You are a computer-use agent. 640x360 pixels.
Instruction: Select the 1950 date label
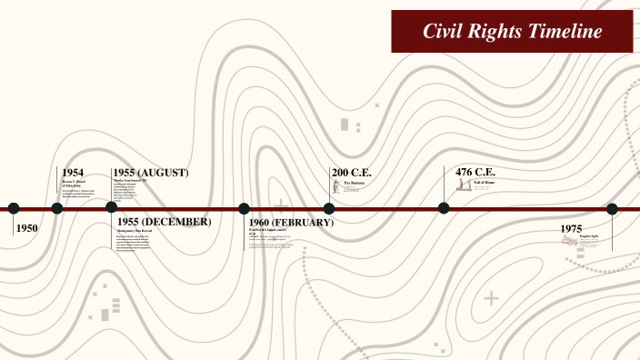[27, 228]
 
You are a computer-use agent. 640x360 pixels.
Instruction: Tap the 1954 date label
[73, 173]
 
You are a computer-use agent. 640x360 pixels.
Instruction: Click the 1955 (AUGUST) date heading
[150, 173]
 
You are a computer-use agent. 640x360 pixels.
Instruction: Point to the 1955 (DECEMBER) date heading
[164, 222]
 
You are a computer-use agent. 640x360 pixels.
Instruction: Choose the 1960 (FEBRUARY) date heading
[291, 223]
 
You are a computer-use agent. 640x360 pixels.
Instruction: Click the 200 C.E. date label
[352, 173]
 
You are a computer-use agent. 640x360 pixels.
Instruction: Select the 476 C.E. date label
[475, 173]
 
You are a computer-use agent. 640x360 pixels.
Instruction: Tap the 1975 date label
[571, 228]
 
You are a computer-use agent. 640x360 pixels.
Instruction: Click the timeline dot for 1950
[14, 208]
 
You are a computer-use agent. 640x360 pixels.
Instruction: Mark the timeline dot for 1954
[57, 208]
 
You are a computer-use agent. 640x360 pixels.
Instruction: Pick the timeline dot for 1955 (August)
[112, 208]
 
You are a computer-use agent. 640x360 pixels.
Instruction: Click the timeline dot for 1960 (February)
[244, 208]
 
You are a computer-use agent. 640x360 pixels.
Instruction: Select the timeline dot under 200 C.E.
[329, 208]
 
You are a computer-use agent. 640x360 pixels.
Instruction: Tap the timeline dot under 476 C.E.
[444, 208]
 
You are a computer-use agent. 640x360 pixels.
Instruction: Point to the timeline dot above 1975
[612, 208]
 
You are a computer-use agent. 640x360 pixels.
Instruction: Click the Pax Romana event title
[354, 183]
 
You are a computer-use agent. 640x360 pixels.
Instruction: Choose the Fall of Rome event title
[484, 183]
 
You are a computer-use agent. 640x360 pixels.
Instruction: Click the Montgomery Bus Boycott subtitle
[134, 232]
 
